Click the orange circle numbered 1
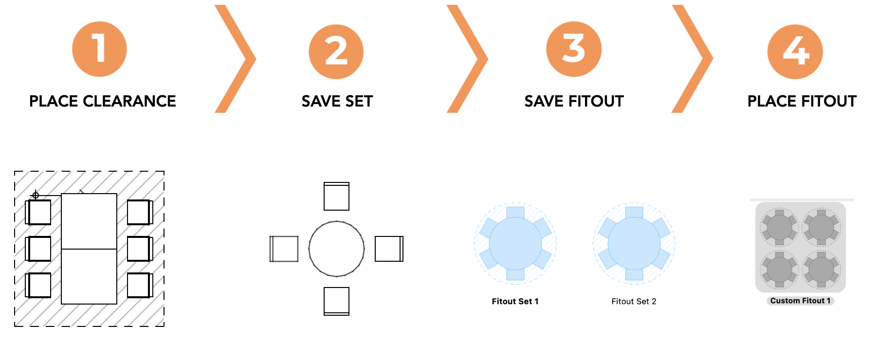click(99, 49)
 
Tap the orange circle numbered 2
click(336, 52)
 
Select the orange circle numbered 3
click(574, 49)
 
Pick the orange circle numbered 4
click(795, 52)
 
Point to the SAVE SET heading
click(337, 101)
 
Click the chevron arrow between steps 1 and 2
click(235, 59)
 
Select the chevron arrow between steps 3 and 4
click(692, 59)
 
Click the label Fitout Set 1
click(515, 302)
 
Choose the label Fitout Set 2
click(634, 302)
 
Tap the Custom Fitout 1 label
click(801, 301)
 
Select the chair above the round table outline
click(337, 197)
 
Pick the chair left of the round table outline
click(284, 249)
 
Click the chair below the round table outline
click(337, 301)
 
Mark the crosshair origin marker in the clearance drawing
click(36, 195)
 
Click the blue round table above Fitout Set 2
click(634, 243)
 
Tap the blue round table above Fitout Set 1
click(515, 243)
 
